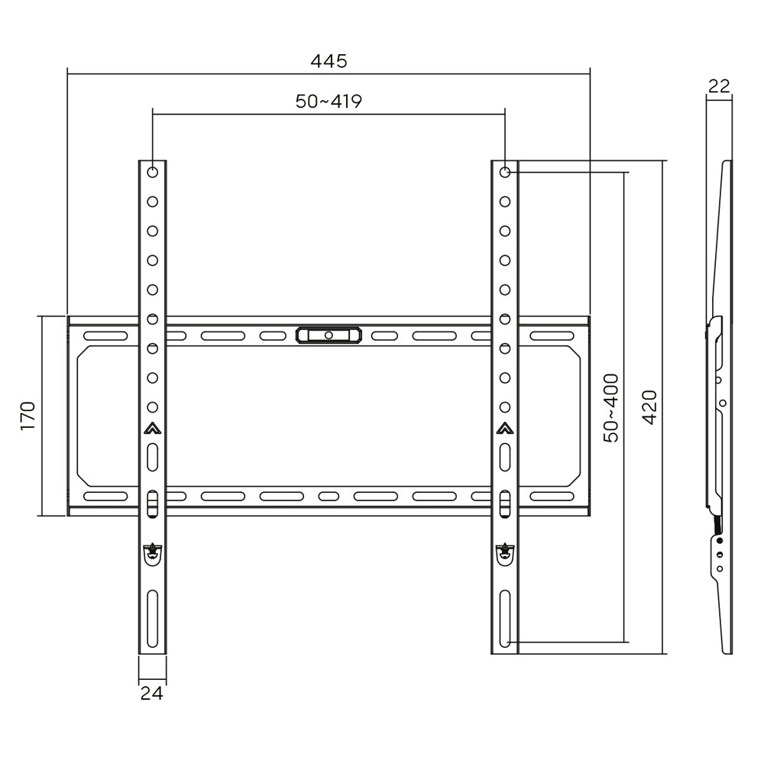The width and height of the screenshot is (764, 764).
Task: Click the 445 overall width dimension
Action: [329, 61]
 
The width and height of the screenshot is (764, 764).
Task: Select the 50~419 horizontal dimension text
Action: [329, 102]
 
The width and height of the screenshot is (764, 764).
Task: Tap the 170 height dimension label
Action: [28, 416]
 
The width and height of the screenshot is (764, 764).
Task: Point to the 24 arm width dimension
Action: [151, 692]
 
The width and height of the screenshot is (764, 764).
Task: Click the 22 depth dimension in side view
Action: [719, 86]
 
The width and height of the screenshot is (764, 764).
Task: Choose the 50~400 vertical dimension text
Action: [611, 408]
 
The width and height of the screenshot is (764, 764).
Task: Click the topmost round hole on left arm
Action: [153, 172]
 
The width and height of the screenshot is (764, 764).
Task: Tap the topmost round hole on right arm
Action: [505, 172]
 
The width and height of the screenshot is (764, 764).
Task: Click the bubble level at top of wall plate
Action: [329, 335]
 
